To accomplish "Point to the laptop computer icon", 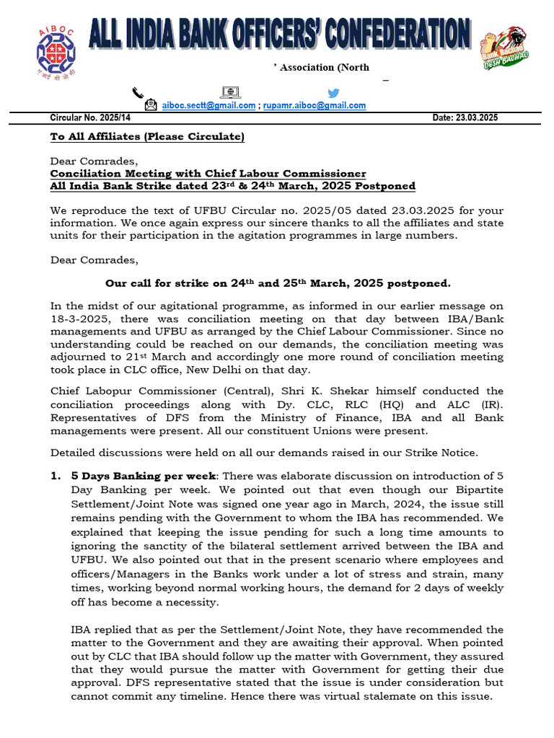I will point(231,92).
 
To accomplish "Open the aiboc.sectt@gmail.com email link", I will point(208,105).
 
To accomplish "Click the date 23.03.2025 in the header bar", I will point(476,117).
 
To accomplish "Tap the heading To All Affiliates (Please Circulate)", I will point(147,137).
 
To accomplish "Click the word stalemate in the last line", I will point(412,697).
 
